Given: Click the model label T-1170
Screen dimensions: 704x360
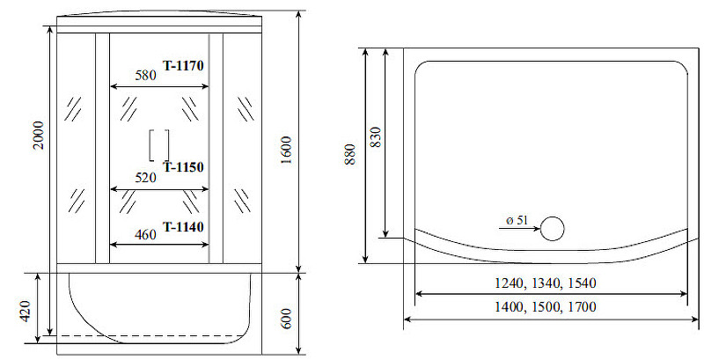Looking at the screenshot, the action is [x=183, y=66].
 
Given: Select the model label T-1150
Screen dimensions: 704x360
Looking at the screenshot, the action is [x=183, y=167].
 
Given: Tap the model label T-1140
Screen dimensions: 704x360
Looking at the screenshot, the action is [x=183, y=227].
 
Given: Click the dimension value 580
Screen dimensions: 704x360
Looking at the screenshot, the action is [x=145, y=75].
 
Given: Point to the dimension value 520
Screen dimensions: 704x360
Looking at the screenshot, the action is [x=145, y=178].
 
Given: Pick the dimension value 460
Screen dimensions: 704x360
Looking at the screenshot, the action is [x=145, y=234].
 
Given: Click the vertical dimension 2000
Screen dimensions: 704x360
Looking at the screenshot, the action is [x=39, y=136].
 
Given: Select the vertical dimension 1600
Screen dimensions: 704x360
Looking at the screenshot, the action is [x=287, y=151].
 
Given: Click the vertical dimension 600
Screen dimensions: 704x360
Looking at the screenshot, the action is [x=287, y=319].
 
